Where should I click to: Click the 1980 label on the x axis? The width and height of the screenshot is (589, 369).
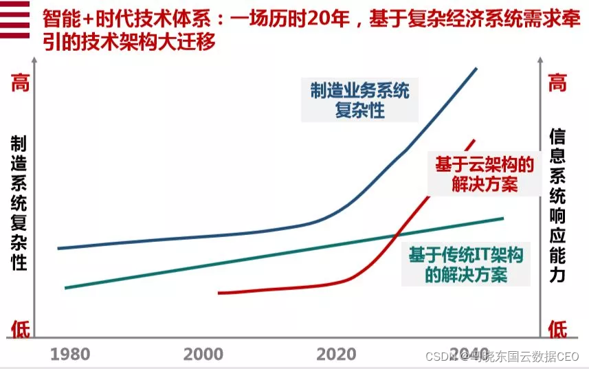(x=70, y=354)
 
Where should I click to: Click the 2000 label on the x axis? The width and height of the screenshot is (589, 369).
(x=203, y=354)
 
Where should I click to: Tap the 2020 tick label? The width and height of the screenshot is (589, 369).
(x=336, y=354)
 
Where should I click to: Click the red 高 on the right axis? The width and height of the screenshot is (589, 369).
(x=557, y=84)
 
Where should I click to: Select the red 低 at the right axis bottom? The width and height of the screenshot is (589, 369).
(x=557, y=330)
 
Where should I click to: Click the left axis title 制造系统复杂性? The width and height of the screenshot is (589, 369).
(x=19, y=203)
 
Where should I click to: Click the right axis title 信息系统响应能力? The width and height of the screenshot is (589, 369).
(x=557, y=206)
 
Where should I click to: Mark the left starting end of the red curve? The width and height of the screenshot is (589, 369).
(x=219, y=293)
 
